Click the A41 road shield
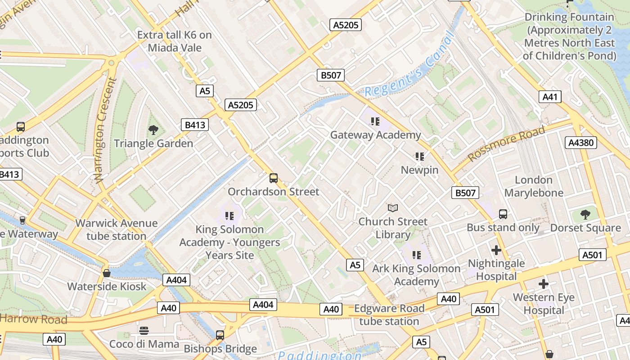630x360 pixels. pyautogui.click(x=550, y=97)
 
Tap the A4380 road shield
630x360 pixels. pyautogui.click(x=580, y=143)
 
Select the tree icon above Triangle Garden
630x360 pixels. pyautogui.click(x=153, y=130)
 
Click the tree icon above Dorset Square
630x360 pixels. pyautogui.click(x=585, y=214)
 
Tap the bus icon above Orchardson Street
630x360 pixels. pyautogui.click(x=273, y=178)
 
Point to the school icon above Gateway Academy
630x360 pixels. pyautogui.click(x=375, y=121)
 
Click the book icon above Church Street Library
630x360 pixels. pyautogui.click(x=393, y=208)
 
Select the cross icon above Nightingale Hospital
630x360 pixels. pyautogui.click(x=496, y=250)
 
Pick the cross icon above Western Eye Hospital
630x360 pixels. pyautogui.click(x=544, y=284)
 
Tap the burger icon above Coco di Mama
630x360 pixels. pyautogui.click(x=144, y=331)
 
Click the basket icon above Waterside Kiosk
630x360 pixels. pyautogui.click(x=107, y=273)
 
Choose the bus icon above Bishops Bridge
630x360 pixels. pyautogui.click(x=220, y=335)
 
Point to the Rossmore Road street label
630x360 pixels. pyautogui.click(x=506, y=144)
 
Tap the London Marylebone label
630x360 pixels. pyautogui.click(x=534, y=186)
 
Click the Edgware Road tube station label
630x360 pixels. pyautogui.click(x=389, y=315)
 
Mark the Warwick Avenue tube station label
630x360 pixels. pyautogui.click(x=116, y=229)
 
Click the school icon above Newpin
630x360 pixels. pyautogui.click(x=420, y=157)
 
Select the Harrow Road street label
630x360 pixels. pyautogui.click(x=34, y=319)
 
